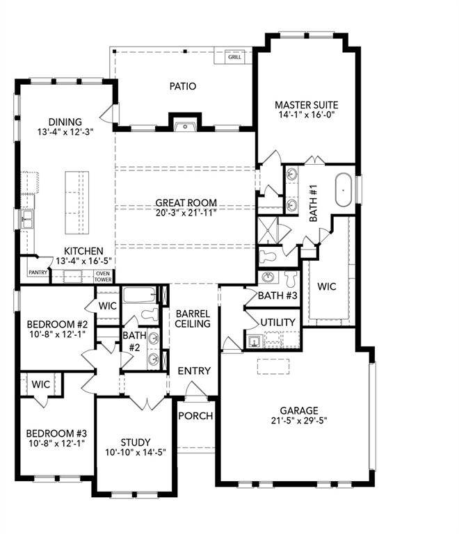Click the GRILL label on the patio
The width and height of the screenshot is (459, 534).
[234, 57]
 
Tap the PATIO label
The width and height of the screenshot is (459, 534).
[183, 86]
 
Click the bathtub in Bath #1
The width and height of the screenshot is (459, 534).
[344, 192]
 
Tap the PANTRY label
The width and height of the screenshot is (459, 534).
[39, 273]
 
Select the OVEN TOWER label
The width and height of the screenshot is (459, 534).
[102, 276]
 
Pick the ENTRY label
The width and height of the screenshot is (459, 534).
[193, 371]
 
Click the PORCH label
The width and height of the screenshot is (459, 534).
[195, 416]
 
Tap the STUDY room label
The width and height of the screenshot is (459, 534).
[135, 442]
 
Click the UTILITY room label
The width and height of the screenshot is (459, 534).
[278, 323]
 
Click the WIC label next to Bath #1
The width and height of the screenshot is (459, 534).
[327, 286]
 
